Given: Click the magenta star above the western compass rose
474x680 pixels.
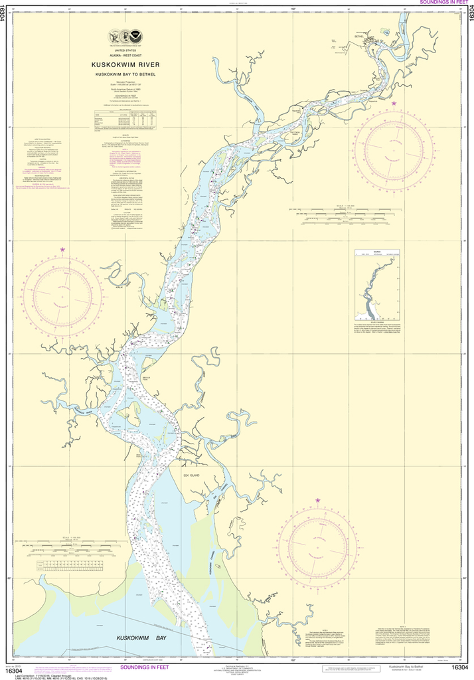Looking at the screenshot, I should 63,249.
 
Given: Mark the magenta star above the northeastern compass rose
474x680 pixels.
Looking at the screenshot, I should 394,104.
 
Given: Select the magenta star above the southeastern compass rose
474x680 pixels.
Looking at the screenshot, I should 317,499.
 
